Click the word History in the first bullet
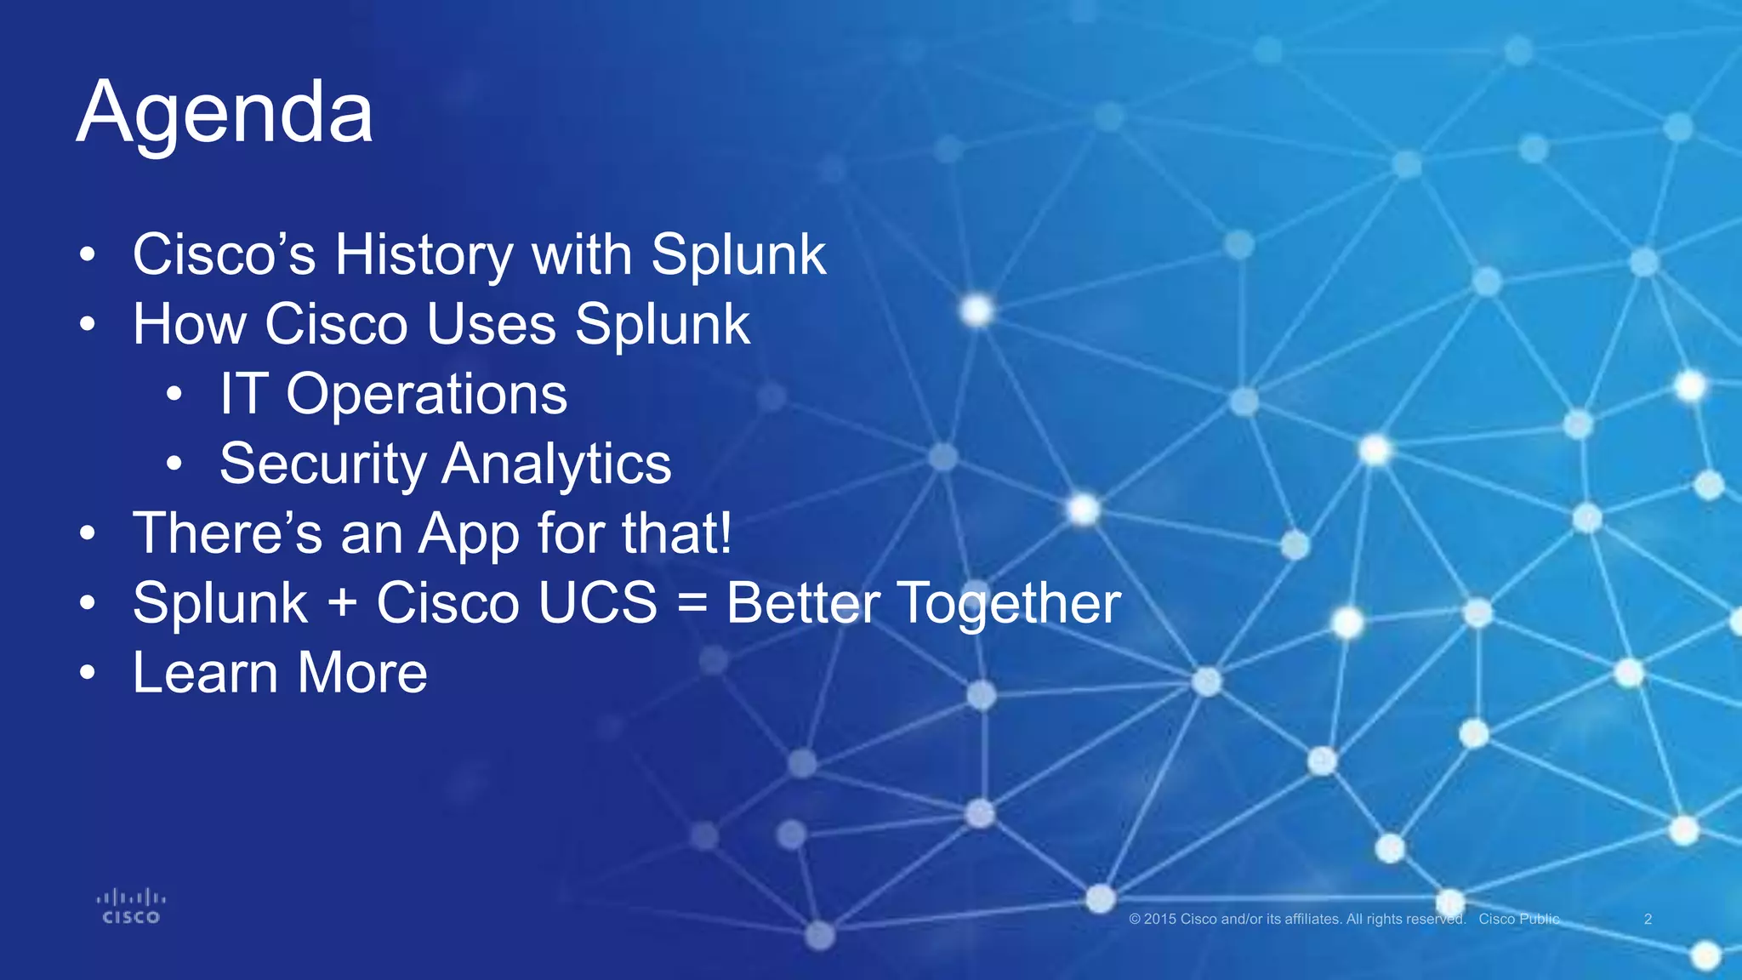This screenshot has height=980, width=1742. coord(423,255)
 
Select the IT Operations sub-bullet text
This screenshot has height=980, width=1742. coord(393,394)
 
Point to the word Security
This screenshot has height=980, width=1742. coord(322,464)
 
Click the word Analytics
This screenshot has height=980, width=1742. coord(556,464)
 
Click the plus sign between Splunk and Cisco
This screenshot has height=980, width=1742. coord(342,604)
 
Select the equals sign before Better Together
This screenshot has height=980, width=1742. coord(692,604)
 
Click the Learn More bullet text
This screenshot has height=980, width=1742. coord(280,673)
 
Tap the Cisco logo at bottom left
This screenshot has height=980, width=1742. coord(131,907)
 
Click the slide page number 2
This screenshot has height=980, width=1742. coord(1648,919)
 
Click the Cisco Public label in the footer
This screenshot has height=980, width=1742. coord(1519,919)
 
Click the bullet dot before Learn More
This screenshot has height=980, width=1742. coord(88,673)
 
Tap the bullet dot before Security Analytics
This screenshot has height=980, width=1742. coord(174,464)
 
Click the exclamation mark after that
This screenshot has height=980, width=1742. coord(725,534)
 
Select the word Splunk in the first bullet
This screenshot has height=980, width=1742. coord(738,255)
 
